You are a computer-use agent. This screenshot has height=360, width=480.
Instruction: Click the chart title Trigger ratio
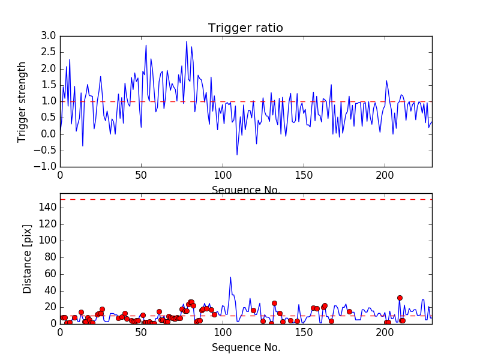click(245, 28)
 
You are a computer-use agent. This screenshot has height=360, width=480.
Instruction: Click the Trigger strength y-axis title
click(22, 101)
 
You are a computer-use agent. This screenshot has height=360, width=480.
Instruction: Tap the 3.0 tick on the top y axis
click(49, 36)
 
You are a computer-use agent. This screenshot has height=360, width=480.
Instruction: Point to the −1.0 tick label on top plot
click(46, 166)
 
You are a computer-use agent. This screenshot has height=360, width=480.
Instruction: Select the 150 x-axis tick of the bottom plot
click(304, 332)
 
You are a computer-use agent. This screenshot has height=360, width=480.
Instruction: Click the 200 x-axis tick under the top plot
click(385, 176)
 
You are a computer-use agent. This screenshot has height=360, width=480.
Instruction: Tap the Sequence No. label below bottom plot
click(246, 347)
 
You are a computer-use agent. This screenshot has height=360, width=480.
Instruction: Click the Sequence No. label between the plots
click(246, 190)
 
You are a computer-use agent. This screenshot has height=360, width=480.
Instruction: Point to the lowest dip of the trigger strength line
click(237, 155)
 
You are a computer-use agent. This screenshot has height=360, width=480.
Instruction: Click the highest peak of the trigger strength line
click(187, 41)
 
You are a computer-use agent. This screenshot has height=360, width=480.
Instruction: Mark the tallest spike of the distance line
click(230, 277)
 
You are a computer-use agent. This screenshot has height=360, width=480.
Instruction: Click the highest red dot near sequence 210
click(400, 298)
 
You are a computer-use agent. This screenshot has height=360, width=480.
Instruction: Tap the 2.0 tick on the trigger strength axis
click(49, 68)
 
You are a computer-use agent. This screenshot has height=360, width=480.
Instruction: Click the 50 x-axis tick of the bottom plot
click(141, 332)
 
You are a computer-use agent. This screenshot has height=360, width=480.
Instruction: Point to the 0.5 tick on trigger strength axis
click(49, 118)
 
